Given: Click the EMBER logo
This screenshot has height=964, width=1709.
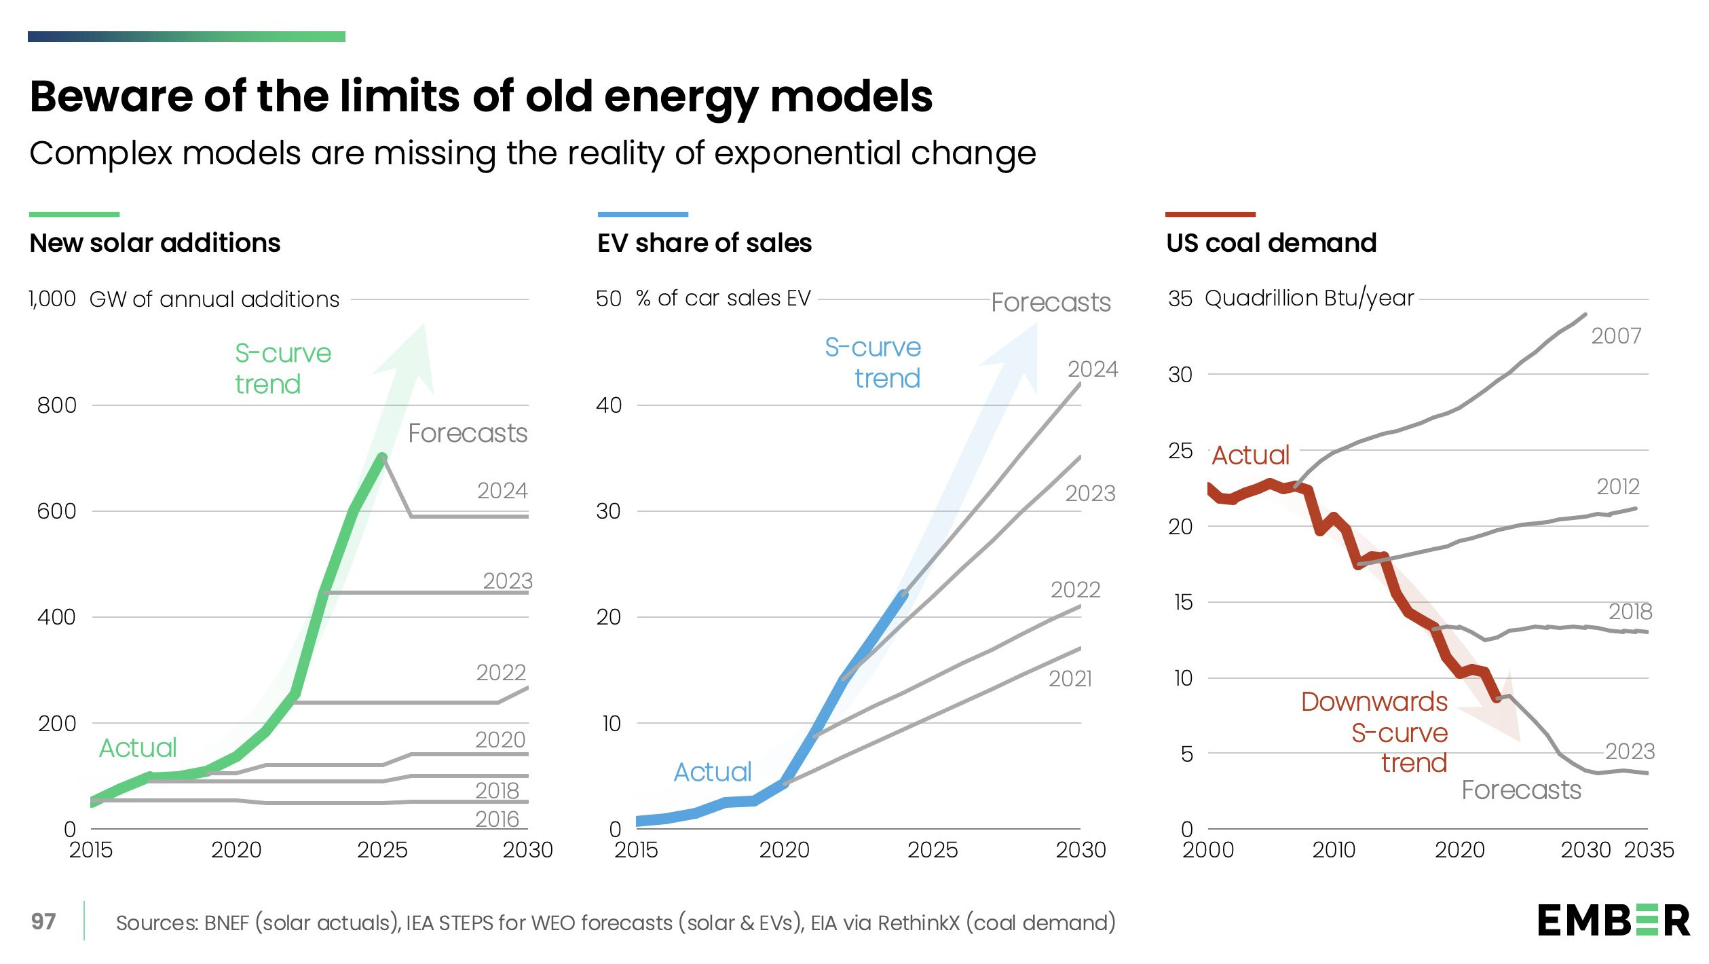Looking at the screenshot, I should (x=1613, y=921).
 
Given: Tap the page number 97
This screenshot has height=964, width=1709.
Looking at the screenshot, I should (x=43, y=921).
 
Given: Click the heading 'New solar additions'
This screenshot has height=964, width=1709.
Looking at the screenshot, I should (x=155, y=242).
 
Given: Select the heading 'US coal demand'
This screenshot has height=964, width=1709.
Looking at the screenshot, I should (x=1271, y=242).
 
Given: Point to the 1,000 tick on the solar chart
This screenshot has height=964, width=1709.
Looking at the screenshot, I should (x=52, y=299).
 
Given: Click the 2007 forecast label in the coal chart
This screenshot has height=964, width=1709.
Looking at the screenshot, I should (x=1616, y=335).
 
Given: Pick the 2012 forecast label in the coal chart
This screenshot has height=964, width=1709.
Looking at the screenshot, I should (x=1617, y=486).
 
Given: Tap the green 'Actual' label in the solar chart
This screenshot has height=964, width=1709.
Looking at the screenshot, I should (x=138, y=747).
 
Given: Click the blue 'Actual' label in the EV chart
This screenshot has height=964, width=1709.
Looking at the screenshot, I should (x=712, y=772).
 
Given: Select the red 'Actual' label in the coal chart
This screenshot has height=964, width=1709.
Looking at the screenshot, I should (x=1250, y=455).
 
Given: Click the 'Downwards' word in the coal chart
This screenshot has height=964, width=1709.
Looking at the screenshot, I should (x=1374, y=701).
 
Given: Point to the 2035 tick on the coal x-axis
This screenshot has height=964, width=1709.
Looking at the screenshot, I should (x=1648, y=849).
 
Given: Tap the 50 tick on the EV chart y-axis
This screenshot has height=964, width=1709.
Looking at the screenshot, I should (x=608, y=299).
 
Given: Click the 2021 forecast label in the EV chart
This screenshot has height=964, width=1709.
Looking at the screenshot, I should (x=1070, y=678).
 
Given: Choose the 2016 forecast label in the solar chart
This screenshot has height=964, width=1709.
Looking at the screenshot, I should (x=497, y=819).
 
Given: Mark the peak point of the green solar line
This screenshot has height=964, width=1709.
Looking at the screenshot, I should (x=382, y=458).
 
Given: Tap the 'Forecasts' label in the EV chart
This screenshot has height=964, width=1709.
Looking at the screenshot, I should (x=1051, y=302).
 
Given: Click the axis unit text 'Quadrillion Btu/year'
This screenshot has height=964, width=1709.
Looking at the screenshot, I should (x=1309, y=298).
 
